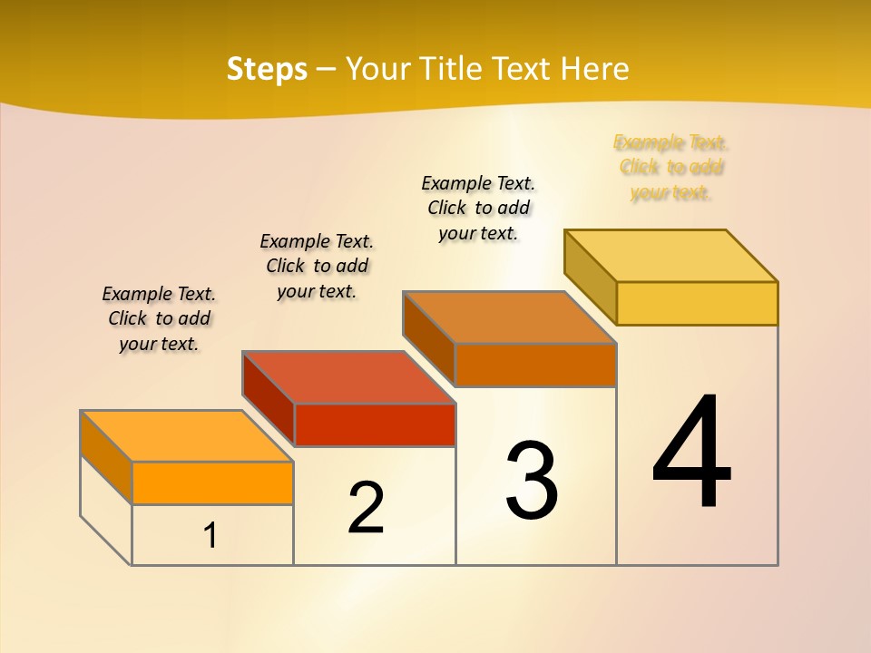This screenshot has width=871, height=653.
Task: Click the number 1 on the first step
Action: click(x=210, y=536)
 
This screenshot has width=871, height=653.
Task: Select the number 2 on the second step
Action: click(x=366, y=508)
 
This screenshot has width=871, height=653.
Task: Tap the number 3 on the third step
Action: click(x=532, y=481)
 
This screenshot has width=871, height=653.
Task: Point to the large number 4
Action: click(x=691, y=453)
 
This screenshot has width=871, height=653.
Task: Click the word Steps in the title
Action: click(x=267, y=69)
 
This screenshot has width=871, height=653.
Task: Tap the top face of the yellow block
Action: click(x=671, y=255)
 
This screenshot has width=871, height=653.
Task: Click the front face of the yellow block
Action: click(x=697, y=303)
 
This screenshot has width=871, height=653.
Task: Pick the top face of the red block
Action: click(x=348, y=376)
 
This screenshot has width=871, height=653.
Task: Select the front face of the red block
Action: click(x=375, y=424)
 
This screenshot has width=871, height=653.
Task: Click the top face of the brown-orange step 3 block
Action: click(x=510, y=317)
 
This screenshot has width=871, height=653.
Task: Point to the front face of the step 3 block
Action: click(x=535, y=365)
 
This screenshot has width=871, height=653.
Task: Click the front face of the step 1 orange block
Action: click(x=212, y=482)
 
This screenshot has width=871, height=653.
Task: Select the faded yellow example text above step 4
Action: click(x=671, y=168)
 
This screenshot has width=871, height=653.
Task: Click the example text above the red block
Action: click(x=317, y=266)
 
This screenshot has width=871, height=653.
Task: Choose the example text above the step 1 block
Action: click(x=159, y=318)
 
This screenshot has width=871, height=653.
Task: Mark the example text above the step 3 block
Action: click(x=478, y=208)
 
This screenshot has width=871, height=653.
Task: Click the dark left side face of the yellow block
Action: click(x=590, y=276)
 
